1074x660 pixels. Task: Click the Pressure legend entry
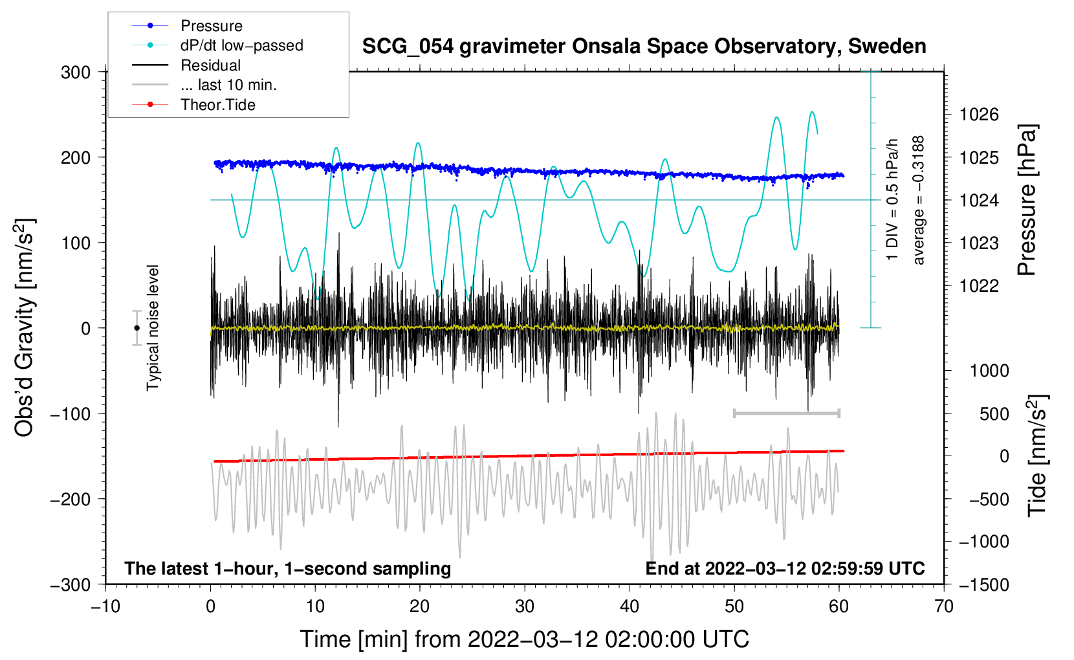click(211, 26)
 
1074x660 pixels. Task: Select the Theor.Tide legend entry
click(217, 105)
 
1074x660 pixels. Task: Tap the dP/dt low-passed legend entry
click(241, 46)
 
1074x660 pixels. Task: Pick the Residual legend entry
click(210, 65)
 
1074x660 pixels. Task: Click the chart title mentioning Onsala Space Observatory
click(644, 47)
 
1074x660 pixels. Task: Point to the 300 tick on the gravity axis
click(76, 72)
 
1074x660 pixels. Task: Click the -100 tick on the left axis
click(71, 413)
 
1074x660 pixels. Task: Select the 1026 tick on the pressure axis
click(979, 115)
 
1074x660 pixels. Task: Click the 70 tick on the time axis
click(944, 606)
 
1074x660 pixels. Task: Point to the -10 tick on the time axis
click(105, 606)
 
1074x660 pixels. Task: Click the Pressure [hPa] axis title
click(1027, 200)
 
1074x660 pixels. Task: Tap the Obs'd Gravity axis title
click(25, 328)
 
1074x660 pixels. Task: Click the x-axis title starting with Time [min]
click(524, 639)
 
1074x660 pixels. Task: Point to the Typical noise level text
click(153, 327)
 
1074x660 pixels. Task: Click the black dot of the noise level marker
click(137, 328)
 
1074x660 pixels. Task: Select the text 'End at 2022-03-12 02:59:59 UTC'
click(785, 568)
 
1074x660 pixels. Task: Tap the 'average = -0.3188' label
click(919, 200)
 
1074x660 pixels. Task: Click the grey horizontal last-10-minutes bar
click(786, 413)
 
